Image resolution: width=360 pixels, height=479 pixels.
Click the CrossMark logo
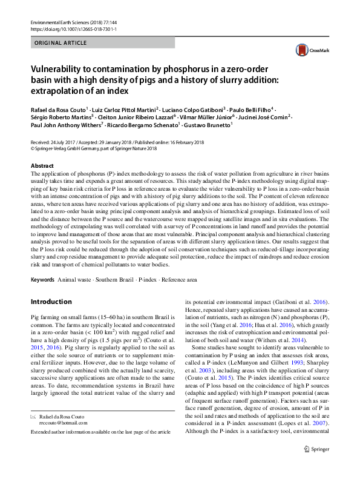tap(310, 50)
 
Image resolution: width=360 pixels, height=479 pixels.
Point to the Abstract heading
tap(42, 165)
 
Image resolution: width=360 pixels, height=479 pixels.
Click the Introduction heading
tap(51, 302)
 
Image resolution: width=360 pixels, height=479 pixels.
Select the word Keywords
tap(42, 280)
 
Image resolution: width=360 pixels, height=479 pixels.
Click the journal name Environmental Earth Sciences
tap(61, 22)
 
